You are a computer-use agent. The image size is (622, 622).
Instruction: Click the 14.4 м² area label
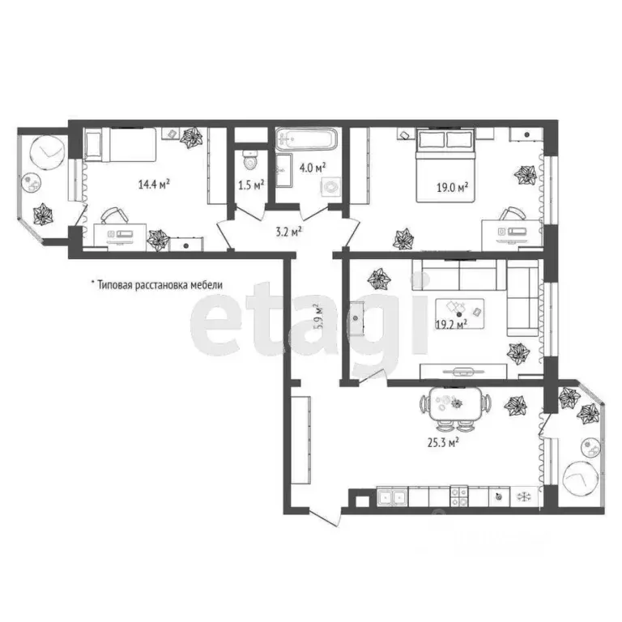[x=153, y=184]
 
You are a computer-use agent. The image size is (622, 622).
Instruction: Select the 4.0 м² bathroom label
[x=313, y=168]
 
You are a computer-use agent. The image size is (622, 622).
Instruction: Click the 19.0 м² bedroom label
[x=454, y=189]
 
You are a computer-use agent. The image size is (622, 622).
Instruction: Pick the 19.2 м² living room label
[x=451, y=326]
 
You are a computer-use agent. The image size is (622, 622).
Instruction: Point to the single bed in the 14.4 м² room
[x=121, y=147]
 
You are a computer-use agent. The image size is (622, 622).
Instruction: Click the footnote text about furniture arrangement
[x=155, y=285]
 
